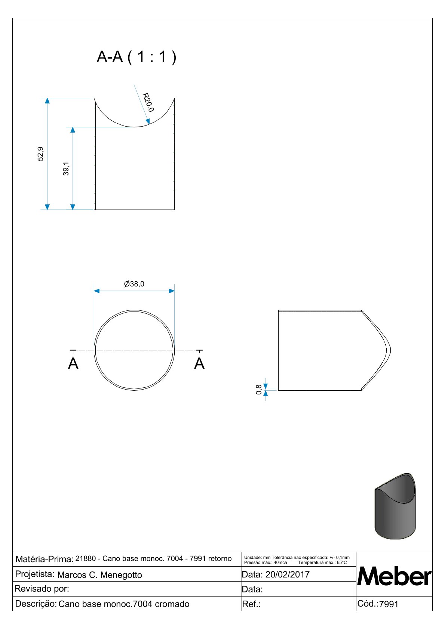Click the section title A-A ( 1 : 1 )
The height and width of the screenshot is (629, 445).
tap(136, 57)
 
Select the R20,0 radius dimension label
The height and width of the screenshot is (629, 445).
tap(148, 102)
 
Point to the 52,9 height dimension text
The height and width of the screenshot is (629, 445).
tap(40, 154)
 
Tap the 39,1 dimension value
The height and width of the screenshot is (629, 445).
tap(66, 168)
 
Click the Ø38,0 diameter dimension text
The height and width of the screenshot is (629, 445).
tap(134, 284)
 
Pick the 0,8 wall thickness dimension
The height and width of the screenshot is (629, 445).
tap(259, 390)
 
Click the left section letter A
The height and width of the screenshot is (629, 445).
tap(73, 363)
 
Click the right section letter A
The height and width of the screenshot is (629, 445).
tap(199, 363)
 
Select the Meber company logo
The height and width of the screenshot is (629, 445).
tap(394, 576)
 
